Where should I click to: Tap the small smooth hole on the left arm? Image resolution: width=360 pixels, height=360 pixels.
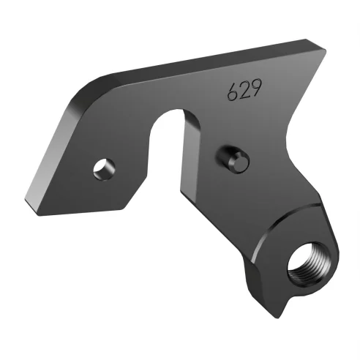(102, 168)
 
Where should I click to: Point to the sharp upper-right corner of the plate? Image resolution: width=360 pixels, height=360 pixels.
(320, 48)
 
